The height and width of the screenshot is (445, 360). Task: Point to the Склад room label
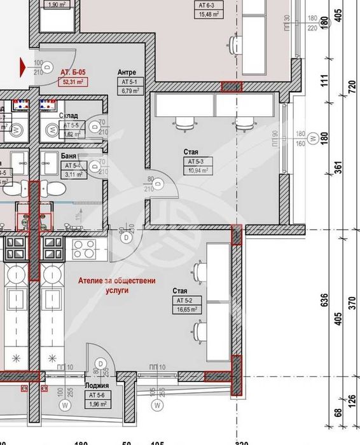pyautogui.click(x=69, y=116)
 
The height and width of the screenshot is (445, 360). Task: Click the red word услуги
pyautogui.click(x=116, y=289)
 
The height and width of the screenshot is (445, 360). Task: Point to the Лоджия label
pyautogui.click(x=97, y=385)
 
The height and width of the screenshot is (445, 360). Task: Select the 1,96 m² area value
pyautogui.click(x=97, y=403)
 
